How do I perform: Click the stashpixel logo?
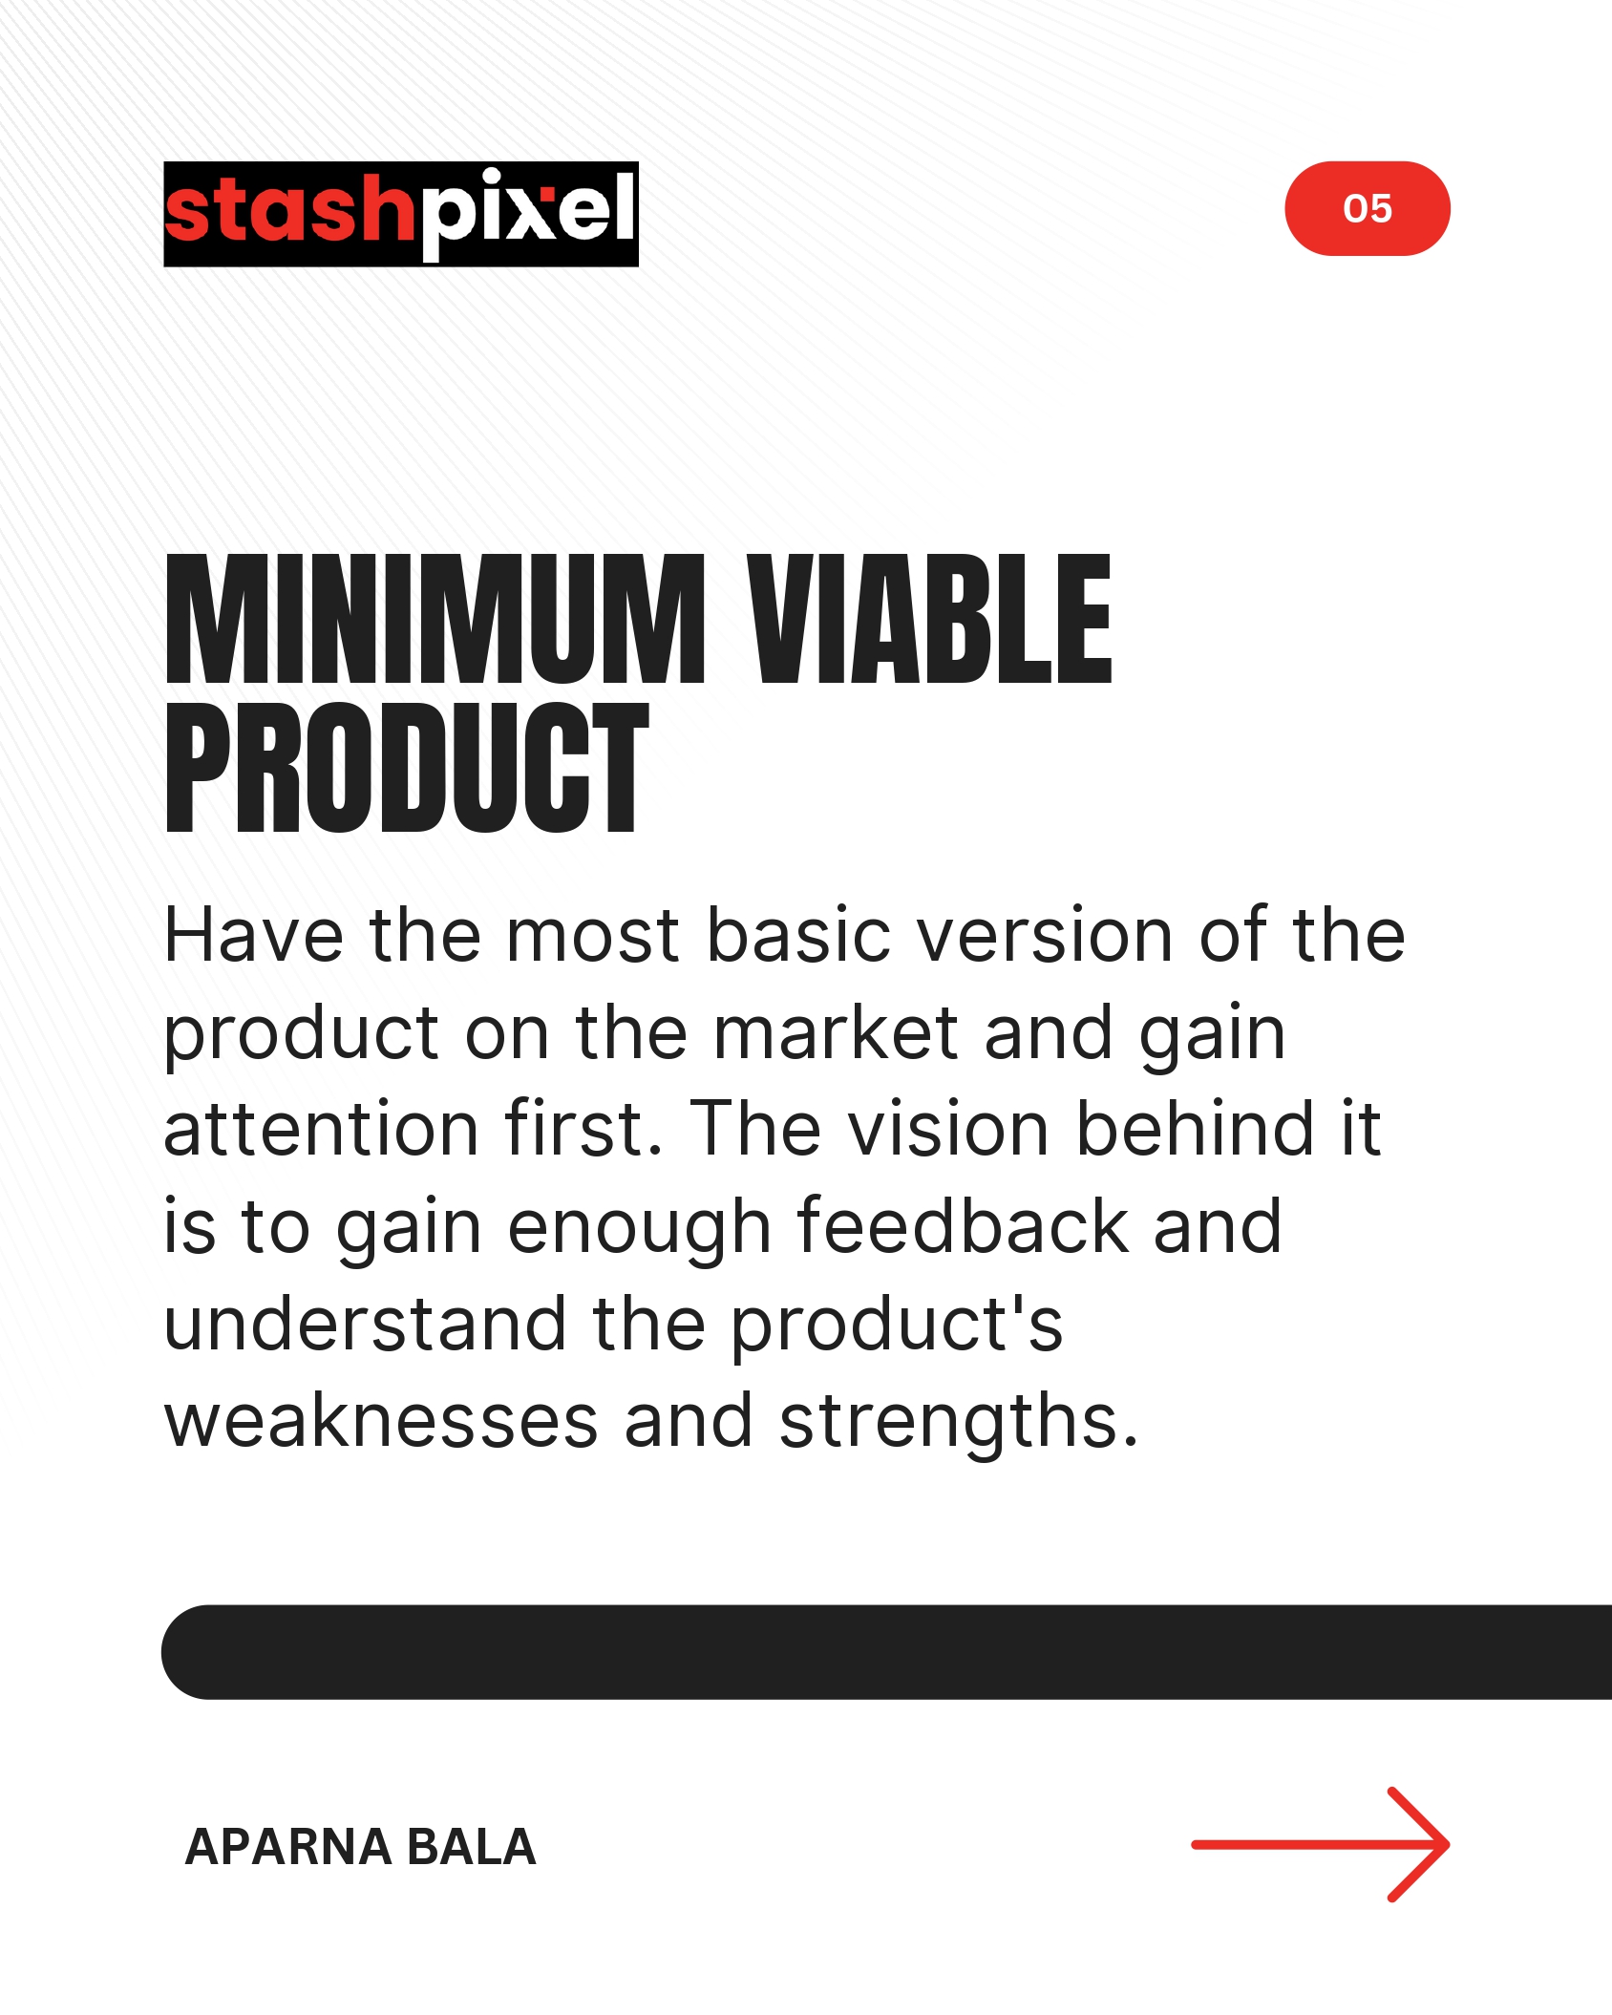(x=401, y=214)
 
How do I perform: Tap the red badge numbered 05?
(x=1368, y=208)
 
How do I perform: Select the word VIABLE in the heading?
(x=929, y=620)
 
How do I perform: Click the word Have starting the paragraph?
(x=254, y=935)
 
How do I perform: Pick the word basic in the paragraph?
(x=798, y=935)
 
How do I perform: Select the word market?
(x=836, y=1032)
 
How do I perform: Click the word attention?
(x=321, y=1130)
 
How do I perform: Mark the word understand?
(x=366, y=1324)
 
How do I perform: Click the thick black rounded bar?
(x=886, y=1652)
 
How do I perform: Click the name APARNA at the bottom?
(x=287, y=1847)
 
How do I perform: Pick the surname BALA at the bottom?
(x=471, y=1847)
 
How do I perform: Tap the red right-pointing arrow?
(x=1321, y=1845)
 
